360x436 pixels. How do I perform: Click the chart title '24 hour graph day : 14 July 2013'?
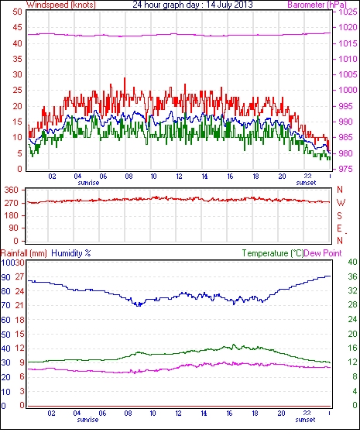pos(193,5)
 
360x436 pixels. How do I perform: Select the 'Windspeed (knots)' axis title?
pos(61,5)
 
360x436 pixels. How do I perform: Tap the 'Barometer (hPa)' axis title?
pos(317,5)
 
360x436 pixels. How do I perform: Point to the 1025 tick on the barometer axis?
pos(348,12)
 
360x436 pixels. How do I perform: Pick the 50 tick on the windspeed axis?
pos(17,12)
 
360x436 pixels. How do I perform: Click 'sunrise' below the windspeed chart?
pos(88,183)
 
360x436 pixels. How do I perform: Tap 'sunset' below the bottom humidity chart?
pos(305,419)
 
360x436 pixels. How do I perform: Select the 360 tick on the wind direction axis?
pos(11,191)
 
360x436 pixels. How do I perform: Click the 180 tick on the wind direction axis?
pos(11,215)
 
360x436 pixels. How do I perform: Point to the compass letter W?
pos(341,203)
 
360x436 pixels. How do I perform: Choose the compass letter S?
pos(339,215)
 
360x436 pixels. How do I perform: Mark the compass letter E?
pos(339,228)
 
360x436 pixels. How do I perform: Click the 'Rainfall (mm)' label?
pos(24,253)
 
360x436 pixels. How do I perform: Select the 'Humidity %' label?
pos(71,253)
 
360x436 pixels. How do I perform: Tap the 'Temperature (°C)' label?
pos(273,253)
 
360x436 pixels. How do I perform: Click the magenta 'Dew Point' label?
pos(323,253)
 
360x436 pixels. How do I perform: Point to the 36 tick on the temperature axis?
pos(352,276)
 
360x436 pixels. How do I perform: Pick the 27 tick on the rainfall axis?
pos(19,276)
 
